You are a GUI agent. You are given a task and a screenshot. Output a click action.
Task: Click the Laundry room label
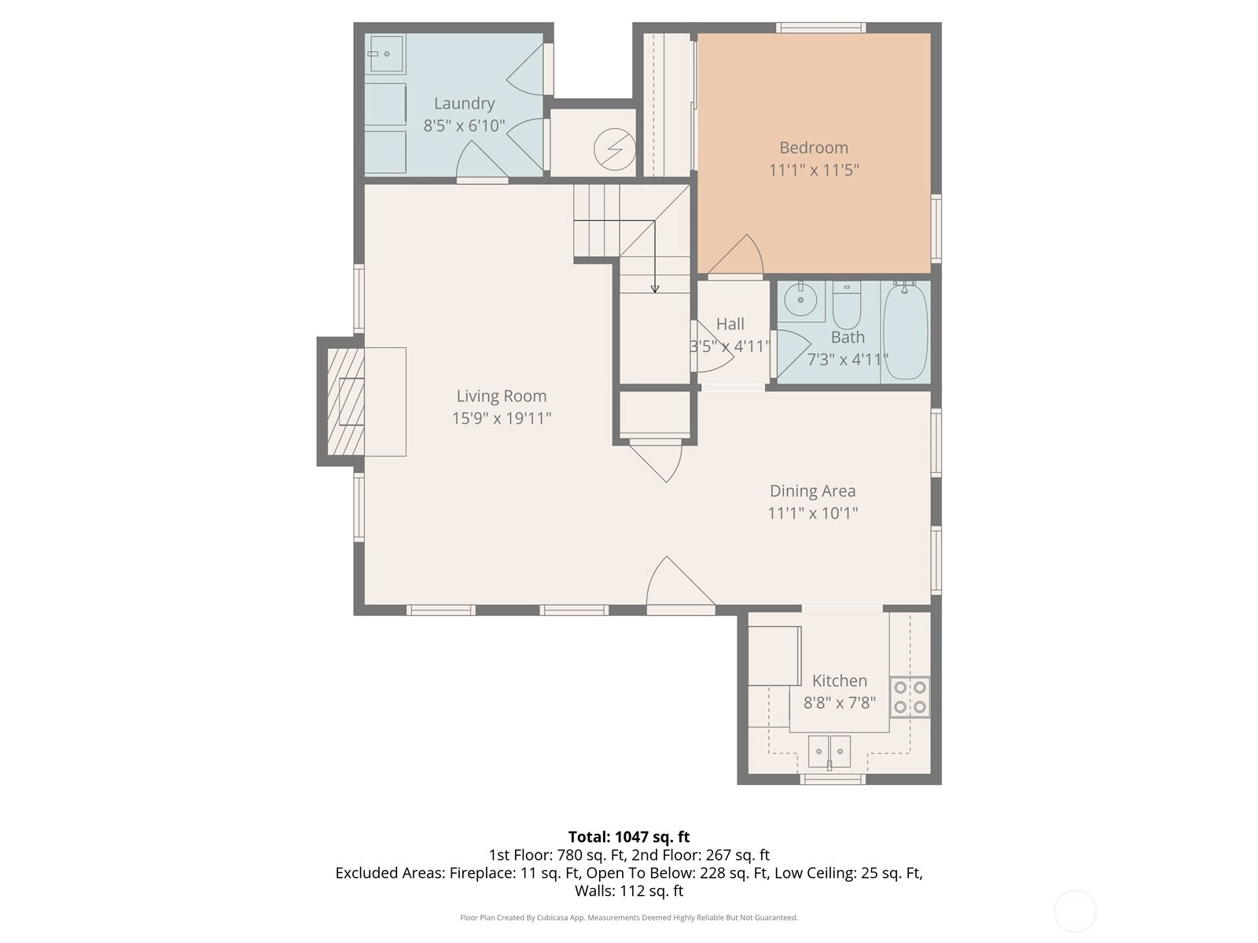[464, 104]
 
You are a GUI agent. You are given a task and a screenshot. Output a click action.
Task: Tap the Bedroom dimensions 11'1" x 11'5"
[813, 170]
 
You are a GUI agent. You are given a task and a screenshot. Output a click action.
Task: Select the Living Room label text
[502, 396]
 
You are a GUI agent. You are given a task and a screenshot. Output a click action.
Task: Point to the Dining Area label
[812, 491]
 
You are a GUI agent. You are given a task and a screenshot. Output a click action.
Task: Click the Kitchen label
[839, 681]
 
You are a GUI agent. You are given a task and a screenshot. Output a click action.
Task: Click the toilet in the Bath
[847, 305]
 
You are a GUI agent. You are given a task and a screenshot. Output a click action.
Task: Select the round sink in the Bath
[800, 299]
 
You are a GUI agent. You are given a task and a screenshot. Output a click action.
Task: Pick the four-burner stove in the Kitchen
[910, 697]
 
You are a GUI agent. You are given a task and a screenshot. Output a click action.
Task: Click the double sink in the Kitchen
[829, 752]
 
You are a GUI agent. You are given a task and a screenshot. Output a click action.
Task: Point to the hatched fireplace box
[346, 402]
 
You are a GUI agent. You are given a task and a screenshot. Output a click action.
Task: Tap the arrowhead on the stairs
[654, 289]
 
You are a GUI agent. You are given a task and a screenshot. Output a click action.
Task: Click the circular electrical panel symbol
[614, 149]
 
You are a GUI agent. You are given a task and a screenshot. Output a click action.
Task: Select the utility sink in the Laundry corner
[386, 53]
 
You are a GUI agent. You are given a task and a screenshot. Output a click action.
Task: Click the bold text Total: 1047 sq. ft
[629, 837]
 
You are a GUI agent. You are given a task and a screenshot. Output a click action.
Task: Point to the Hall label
[730, 324]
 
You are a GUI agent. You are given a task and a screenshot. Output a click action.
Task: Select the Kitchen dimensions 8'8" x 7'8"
[839, 703]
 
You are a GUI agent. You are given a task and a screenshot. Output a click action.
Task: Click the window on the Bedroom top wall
[821, 28]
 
